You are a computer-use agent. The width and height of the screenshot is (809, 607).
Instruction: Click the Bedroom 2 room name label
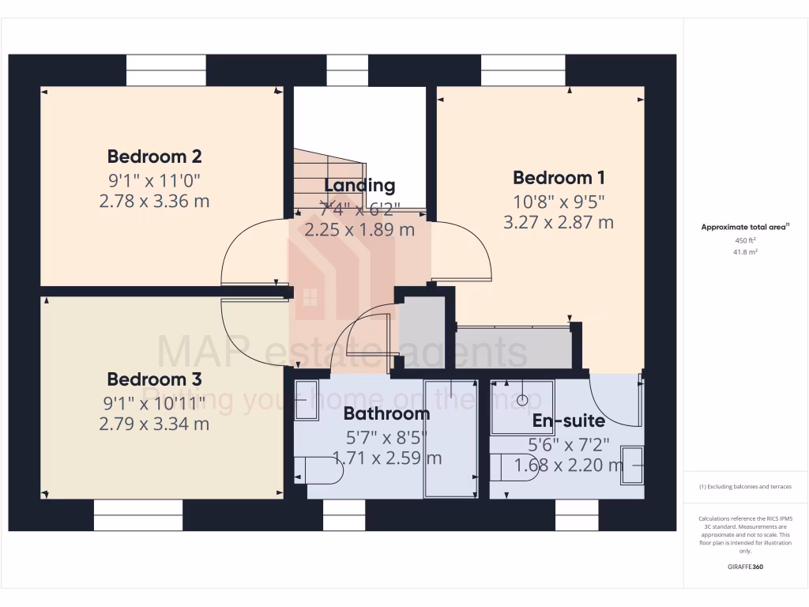155,156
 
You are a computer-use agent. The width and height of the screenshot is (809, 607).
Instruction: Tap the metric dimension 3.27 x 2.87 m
559,222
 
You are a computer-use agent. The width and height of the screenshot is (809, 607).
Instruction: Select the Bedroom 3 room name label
155,379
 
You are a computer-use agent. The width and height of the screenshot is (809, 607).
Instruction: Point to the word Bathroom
386,413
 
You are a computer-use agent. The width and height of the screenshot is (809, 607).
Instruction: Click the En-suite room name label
568,420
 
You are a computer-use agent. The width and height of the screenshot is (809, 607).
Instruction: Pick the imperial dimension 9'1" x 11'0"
155,179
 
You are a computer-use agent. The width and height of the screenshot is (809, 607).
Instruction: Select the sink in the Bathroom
306,400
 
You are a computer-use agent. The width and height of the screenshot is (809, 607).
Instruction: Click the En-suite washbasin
632,465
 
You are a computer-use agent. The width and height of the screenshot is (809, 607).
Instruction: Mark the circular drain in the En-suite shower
521,400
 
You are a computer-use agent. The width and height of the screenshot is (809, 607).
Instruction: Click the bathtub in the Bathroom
451,439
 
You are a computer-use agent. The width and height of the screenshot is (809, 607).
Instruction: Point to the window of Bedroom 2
166,70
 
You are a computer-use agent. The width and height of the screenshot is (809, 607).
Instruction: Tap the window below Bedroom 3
138,515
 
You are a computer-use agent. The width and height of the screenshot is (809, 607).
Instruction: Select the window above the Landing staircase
348,70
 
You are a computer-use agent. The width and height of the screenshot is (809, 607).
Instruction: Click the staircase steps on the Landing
329,178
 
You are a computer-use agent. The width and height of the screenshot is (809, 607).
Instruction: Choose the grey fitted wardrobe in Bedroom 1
514,348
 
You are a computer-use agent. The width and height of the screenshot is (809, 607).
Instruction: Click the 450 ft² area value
745,240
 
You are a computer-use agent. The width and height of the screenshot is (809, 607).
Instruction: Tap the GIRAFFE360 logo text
745,567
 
